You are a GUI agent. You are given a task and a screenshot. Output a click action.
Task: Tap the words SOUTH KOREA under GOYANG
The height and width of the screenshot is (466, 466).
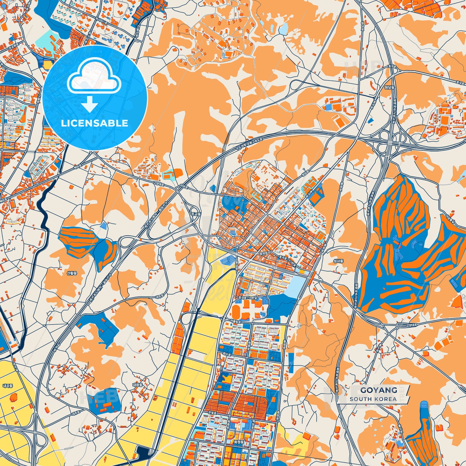373,399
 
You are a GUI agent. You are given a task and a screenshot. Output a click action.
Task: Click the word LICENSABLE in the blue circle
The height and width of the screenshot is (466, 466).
95,123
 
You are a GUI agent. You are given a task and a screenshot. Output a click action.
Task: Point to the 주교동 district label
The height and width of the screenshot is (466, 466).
195,214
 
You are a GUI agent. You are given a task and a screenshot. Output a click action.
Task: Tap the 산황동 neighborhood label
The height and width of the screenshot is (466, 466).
72,273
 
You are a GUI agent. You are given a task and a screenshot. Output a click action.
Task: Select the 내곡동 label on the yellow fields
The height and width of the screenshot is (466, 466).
7,386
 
